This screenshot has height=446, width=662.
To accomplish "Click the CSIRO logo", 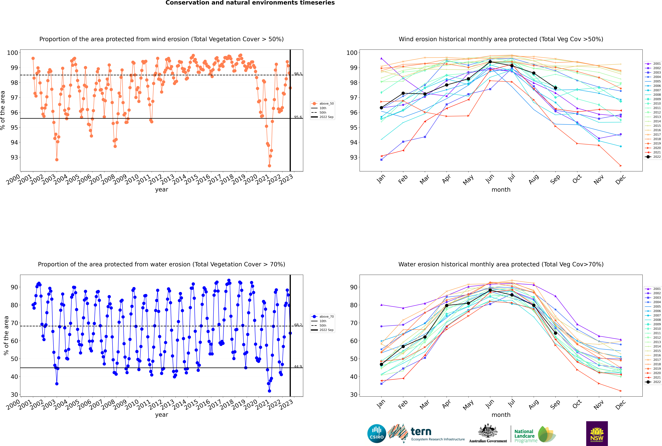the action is [x=377, y=434].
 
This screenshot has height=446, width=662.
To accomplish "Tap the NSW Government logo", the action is [x=597, y=434].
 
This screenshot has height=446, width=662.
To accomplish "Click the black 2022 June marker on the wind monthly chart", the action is [x=490, y=62].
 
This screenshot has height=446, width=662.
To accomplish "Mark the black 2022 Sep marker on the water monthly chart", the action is [x=555, y=333].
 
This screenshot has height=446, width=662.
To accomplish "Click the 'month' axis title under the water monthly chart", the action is [x=501, y=415].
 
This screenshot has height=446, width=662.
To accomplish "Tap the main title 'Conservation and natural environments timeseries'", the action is [x=250, y=3].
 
